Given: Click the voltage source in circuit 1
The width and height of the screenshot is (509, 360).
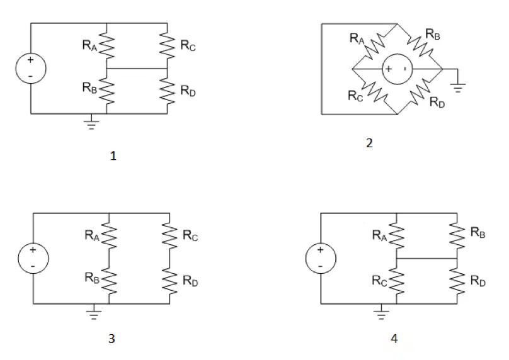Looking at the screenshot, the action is pyautogui.click(x=31, y=69).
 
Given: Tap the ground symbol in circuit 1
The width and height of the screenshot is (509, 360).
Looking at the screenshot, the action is pyautogui.click(x=91, y=123).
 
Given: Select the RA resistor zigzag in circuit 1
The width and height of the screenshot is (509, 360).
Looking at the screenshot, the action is pyautogui.click(x=106, y=45).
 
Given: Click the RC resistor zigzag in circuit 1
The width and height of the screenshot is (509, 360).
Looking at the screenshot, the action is pyautogui.click(x=167, y=45).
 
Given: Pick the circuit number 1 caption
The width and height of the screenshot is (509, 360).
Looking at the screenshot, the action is pyautogui.click(x=113, y=156).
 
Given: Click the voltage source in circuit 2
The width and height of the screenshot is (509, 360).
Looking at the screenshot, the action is pyautogui.click(x=397, y=69).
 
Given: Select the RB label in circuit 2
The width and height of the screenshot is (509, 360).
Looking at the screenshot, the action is pyautogui.click(x=432, y=34).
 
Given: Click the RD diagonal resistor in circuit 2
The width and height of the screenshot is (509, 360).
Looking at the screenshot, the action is pyautogui.click(x=420, y=92).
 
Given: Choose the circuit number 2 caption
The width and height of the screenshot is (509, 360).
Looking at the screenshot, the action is pyautogui.click(x=369, y=143).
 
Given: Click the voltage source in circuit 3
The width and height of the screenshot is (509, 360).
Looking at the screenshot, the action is pyautogui.click(x=33, y=259).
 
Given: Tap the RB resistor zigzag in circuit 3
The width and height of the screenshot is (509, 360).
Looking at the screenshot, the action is pyautogui.click(x=109, y=281).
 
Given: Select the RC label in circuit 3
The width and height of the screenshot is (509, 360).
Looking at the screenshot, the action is pyautogui.click(x=190, y=235).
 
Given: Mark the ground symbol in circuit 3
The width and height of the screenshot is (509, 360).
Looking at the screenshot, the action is pyautogui.click(x=93, y=312).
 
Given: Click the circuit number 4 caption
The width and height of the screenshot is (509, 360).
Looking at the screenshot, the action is pyautogui.click(x=394, y=339).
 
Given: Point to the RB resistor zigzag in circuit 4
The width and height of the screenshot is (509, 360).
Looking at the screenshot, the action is pyautogui.click(x=457, y=235).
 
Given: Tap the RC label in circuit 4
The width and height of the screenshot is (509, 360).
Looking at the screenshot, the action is pyautogui.click(x=379, y=281).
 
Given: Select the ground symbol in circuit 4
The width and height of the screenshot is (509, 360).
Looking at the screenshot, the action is pyautogui.click(x=381, y=312).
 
